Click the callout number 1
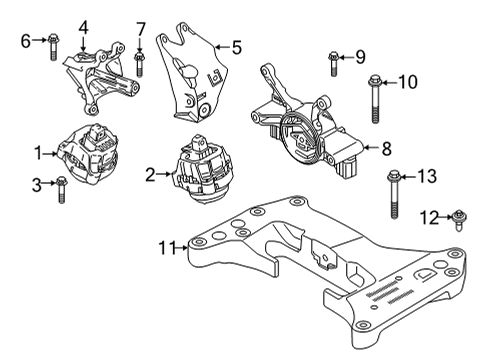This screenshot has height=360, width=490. (x=37, y=153)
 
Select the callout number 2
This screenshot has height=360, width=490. (x=150, y=175)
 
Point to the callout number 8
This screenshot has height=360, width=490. (x=384, y=149)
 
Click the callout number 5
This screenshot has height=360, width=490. (x=236, y=45)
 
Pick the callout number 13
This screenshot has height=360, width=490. (x=427, y=177)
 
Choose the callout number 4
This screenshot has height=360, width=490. (x=84, y=25)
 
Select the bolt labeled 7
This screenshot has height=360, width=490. (x=140, y=62)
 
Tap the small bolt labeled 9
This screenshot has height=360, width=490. (x=331, y=62)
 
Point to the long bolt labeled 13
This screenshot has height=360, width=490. (x=392, y=195)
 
